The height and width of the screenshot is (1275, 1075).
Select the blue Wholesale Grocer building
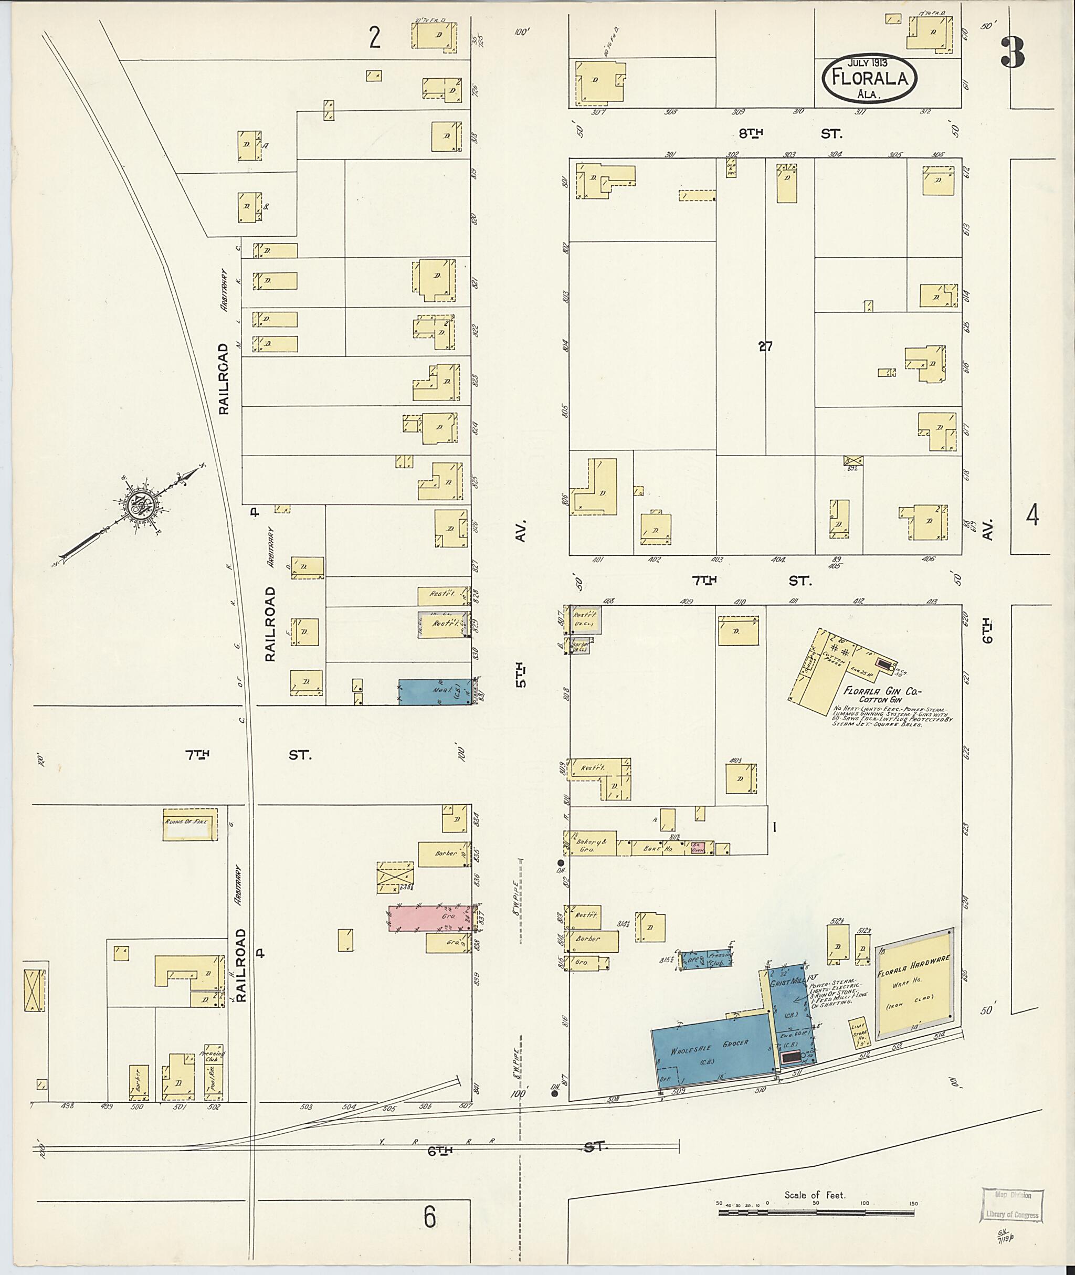click(x=710, y=1052)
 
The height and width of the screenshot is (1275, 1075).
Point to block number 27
click(x=765, y=346)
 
